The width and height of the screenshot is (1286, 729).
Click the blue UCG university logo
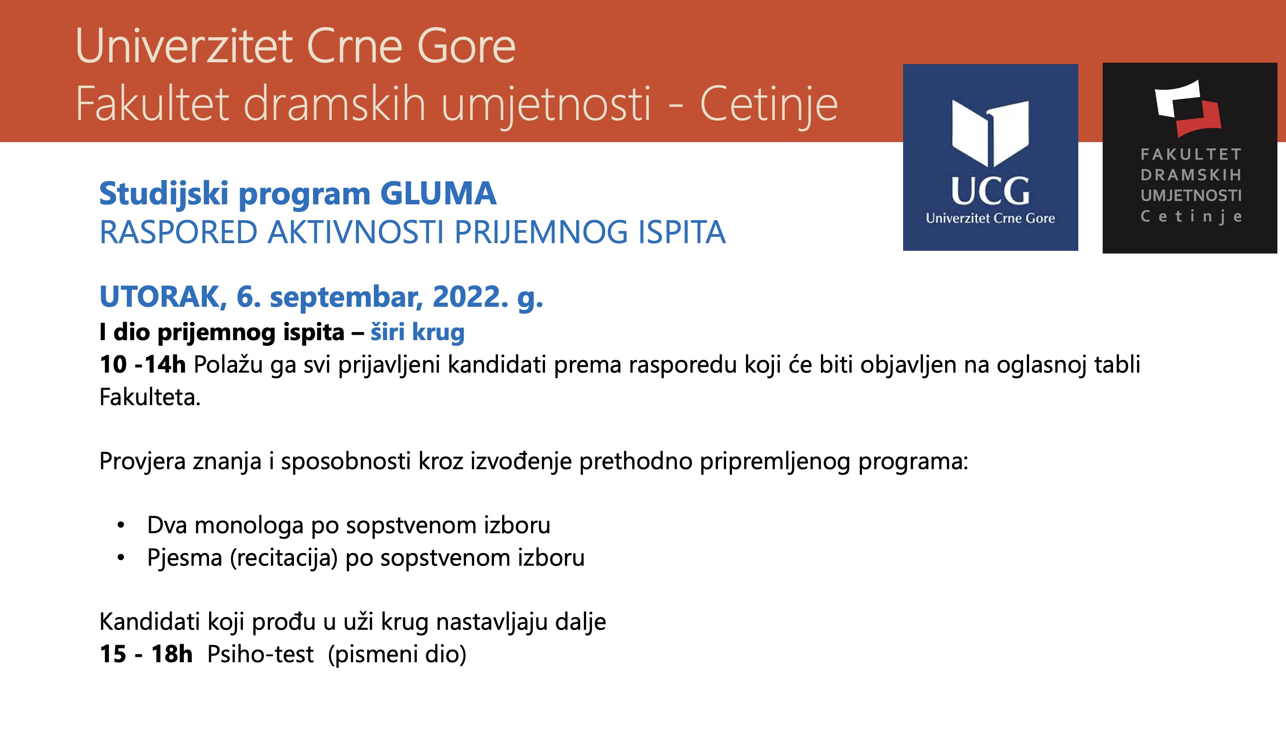point(990,157)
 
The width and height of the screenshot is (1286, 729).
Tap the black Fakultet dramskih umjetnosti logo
point(1190,158)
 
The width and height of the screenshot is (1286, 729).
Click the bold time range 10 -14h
point(143,364)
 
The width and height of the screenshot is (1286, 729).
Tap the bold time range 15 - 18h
point(146,654)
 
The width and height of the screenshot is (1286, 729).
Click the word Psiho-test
point(260,654)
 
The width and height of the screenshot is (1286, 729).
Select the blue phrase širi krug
point(418,332)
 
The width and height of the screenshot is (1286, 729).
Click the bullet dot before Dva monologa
point(120,526)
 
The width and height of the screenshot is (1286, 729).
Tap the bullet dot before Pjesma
point(120,558)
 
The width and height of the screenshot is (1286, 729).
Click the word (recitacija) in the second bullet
point(284,558)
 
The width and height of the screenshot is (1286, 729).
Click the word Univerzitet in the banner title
point(184,46)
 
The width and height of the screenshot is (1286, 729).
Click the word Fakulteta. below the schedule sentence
point(150,397)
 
